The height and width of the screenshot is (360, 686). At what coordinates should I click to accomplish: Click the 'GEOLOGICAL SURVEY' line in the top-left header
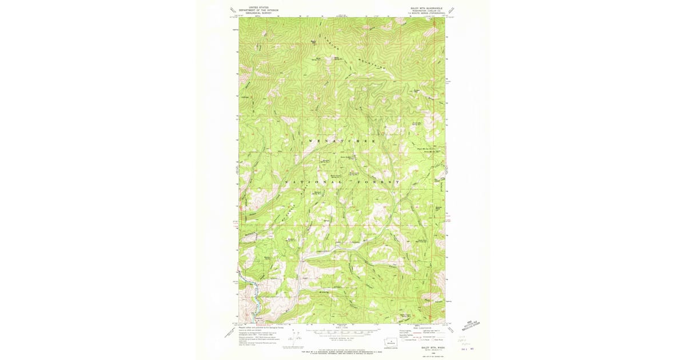tap(258, 13)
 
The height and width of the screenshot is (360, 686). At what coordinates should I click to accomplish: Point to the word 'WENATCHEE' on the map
tap(342, 141)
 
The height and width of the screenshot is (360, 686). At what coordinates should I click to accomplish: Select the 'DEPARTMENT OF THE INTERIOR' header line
tap(258, 10)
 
